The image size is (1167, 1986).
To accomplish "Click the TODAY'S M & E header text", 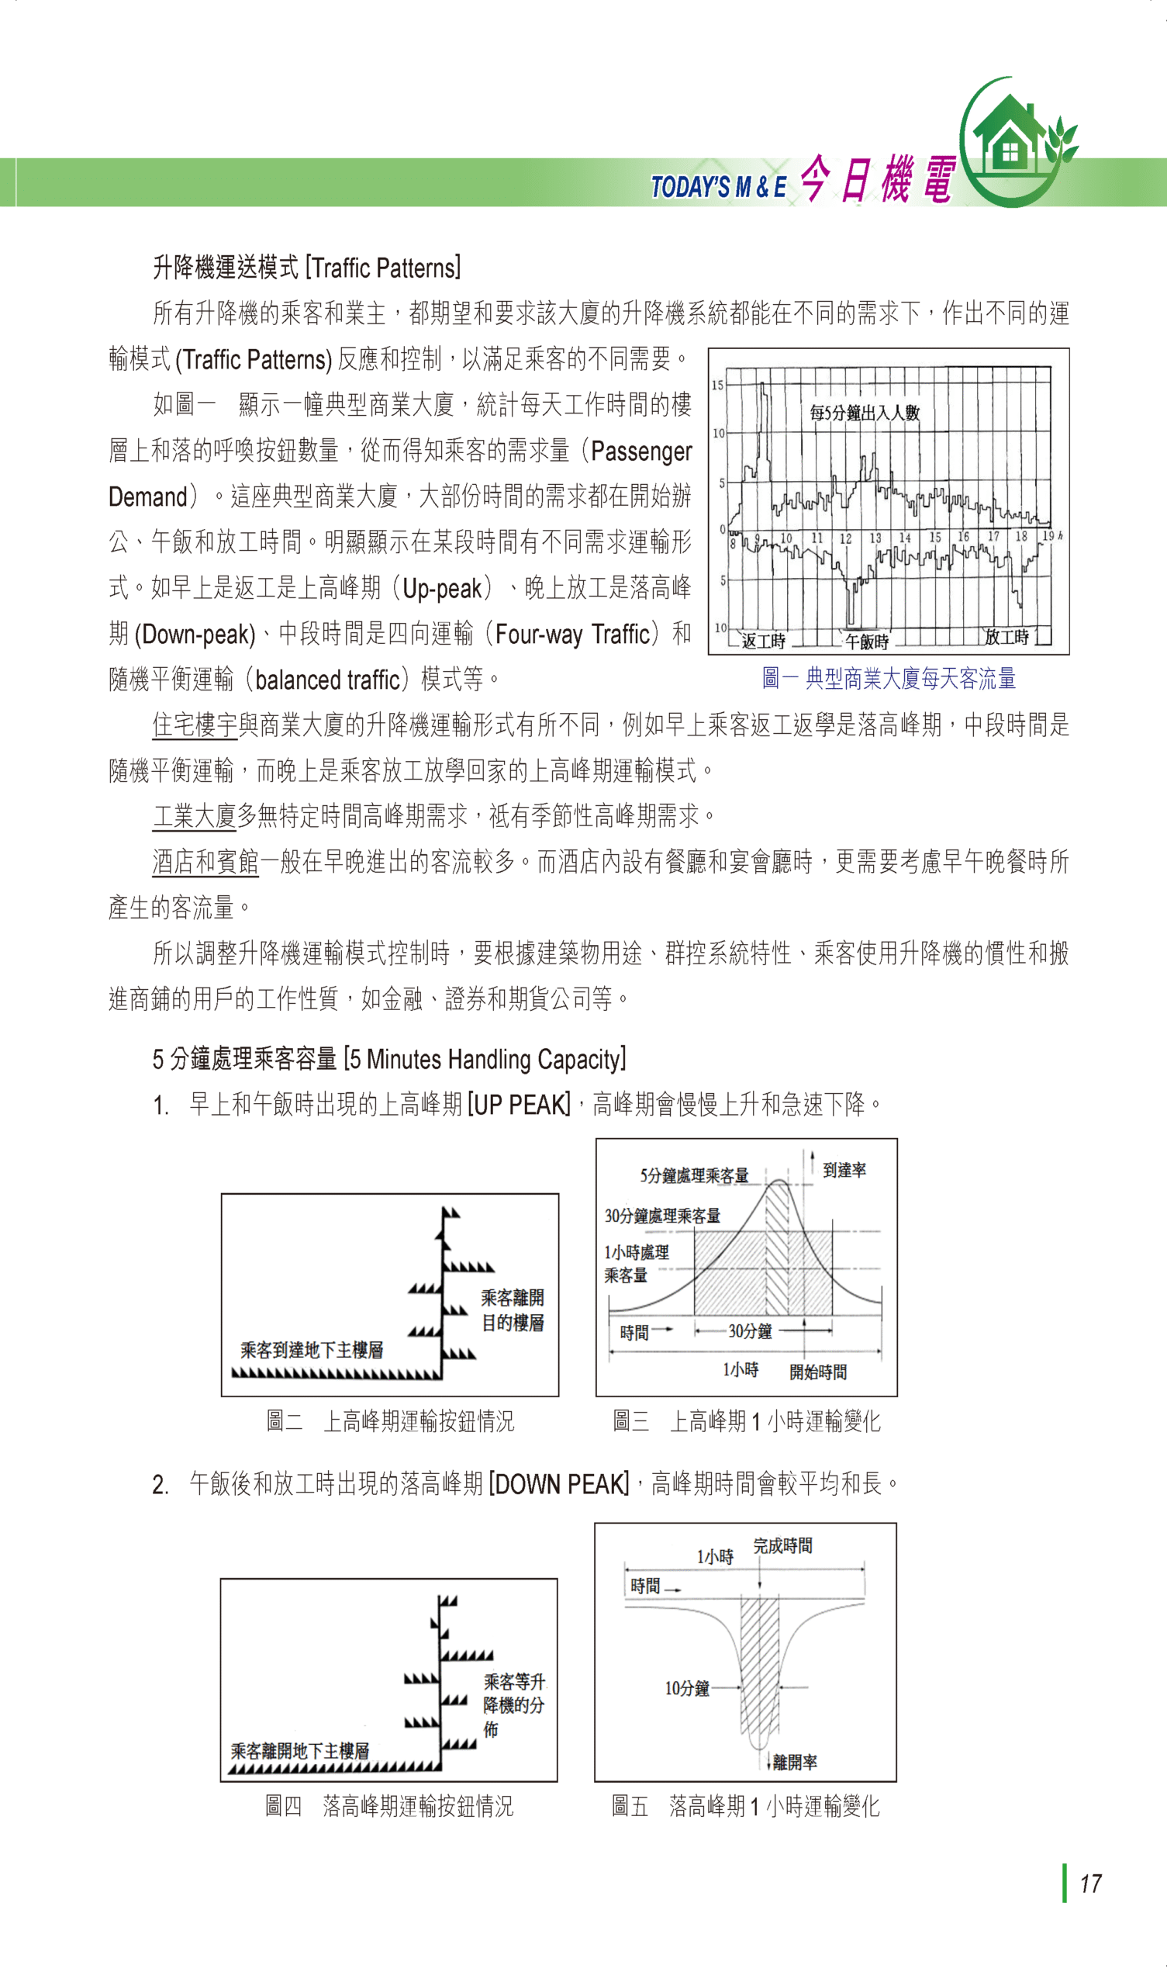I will (x=718, y=187).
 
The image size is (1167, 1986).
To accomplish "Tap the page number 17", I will (x=1090, y=1884).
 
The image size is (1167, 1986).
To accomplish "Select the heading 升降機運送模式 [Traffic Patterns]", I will (x=306, y=268).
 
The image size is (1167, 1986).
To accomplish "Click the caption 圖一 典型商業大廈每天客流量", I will (x=889, y=678).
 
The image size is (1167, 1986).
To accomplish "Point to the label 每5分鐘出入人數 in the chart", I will (x=865, y=412).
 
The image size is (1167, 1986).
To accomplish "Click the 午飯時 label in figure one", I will (x=867, y=642).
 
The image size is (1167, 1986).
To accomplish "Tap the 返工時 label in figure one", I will (x=763, y=641).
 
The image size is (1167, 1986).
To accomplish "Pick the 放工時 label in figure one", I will (x=1006, y=636).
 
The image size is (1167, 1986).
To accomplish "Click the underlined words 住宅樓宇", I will (x=195, y=725).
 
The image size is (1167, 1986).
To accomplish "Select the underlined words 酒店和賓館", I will (x=205, y=861).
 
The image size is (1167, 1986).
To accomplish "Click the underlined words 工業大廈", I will (x=195, y=815).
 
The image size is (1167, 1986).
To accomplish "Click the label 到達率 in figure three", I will (x=844, y=1171).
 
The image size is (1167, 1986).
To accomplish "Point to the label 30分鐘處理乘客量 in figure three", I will (x=662, y=1216).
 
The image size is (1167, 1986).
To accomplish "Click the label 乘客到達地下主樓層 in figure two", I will (x=311, y=1350).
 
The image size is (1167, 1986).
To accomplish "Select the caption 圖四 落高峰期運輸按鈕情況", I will (x=388, y=1805).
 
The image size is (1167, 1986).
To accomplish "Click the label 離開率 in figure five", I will (x=794, y=1762).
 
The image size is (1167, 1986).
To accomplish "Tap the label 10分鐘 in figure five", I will (x=686, y=1688).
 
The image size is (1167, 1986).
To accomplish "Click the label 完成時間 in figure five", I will (x=782, y=1545).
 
